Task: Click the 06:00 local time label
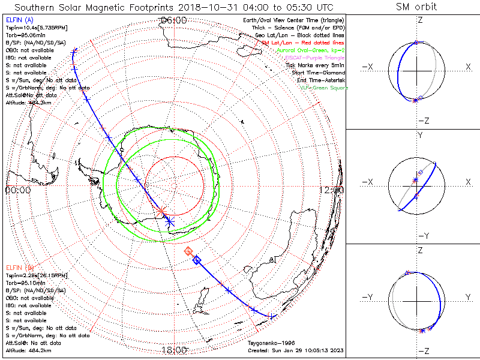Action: [173, 20]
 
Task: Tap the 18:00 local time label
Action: [173, 350]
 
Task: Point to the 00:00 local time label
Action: [17, 190]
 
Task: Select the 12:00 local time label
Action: [332, 190]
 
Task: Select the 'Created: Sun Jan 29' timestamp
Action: [296, 350]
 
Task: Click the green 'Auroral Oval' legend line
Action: [311, 50]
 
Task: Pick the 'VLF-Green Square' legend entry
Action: [323, 88]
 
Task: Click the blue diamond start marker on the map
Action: [196, 260]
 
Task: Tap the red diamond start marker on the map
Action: [188, 251]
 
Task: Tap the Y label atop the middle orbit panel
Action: [420, 136]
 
